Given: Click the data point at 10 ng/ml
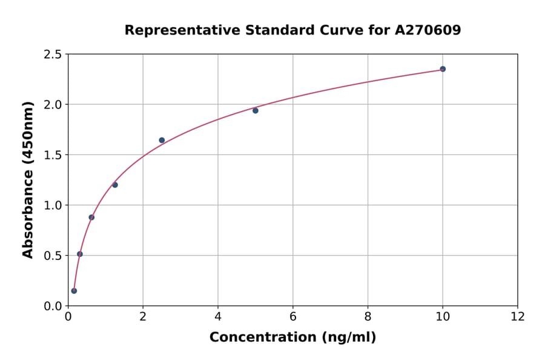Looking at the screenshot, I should (x=443, y=69).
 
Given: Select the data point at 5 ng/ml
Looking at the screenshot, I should (x=256, y=110).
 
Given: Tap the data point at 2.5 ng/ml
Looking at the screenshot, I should (x=162, y=140).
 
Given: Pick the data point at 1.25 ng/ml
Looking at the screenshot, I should (x=115, y=185).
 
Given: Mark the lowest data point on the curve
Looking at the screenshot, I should (x=74, y=291).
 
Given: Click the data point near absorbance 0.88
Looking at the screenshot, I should (x=91, y=217).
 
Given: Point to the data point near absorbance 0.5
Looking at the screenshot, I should (x=80, y=254).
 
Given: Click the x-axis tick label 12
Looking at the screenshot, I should (x=518, y=317).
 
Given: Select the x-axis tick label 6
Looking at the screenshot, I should (x=293, y=317).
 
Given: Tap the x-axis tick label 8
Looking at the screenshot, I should (x=368, y=317).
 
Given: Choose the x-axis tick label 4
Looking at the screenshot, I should (x=218, y=317).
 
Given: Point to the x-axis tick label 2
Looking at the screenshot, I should (x=143, y=317).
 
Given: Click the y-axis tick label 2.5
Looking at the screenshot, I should (x=53, y=55).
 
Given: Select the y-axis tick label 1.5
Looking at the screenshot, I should (x=53, y=155).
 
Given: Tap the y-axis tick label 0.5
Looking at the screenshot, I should (x=53, y=256).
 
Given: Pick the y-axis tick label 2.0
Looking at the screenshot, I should (x=53, y=105).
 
